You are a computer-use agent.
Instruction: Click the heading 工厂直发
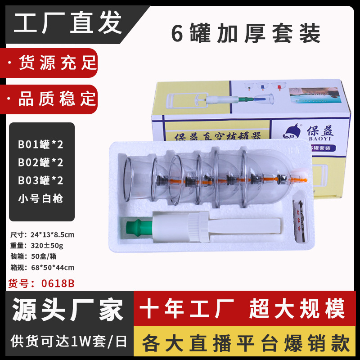click(67, 23)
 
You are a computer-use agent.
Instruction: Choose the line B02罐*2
click(40, 162)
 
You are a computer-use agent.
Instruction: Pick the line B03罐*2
click(40, 180)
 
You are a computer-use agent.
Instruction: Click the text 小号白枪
click(40, 198)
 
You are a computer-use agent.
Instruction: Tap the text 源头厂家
click(67, 310)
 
